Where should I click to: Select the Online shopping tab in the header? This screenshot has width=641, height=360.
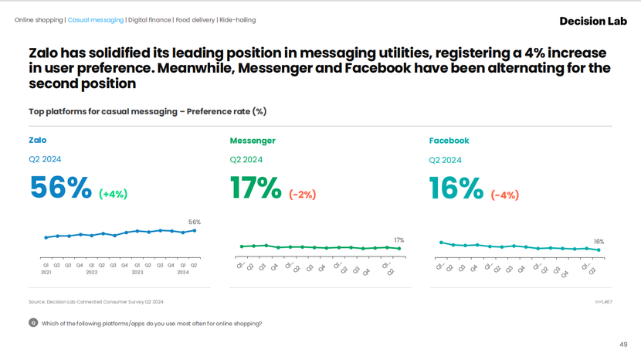pyautogui.click(x=39, y=20)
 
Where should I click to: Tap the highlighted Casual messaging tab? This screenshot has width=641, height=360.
pyautogui.click(x=96, y=20)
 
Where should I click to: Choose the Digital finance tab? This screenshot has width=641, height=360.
pyautogui.click(x=150, y=20)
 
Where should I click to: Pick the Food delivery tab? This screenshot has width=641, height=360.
pyautogui.click(x=195, y=20)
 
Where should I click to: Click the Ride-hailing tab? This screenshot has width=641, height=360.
pyautogui.click(x=238, y=20)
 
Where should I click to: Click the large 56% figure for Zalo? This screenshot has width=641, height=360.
pyautogui.click(x=60, y=188)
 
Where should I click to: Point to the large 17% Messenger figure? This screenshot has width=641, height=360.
pyautogui.click(x=256, y=188)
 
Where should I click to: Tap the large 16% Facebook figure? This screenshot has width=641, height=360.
pyautogui.click(x=456, y=188)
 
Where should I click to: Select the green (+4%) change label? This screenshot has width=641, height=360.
pyautogui.click(x=113, y=195)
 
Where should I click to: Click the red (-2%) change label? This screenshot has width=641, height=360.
pyautogui.click(x=302, y=195)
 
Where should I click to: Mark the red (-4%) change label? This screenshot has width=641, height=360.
pyautogui.click(x=504, y=195)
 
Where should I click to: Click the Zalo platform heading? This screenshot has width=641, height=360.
pyautogui.click(x=37, y=141)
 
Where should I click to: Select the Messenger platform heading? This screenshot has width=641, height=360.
pyautogui.click(x=253, y=141)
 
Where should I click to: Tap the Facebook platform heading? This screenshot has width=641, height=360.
pyautogui.click(x=449, y=141)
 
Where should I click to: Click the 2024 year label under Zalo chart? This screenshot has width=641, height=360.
pyautogui.click(x=183, y=273)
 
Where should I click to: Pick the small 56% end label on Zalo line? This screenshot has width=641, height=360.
pyautogui.click(x=195, y=222)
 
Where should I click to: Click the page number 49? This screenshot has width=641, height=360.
pyautogui.click(x=623, y=345)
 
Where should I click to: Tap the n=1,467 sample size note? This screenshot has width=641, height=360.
pyautogui.click(x=603, y=301)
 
